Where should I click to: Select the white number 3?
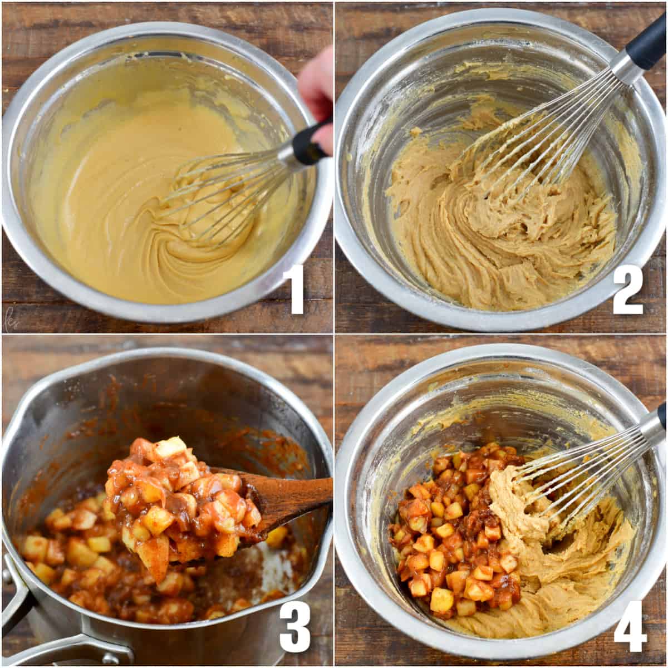(x=294, y=626)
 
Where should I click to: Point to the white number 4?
(x=630, y=626)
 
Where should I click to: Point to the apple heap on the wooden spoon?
(x=178, y=495)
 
